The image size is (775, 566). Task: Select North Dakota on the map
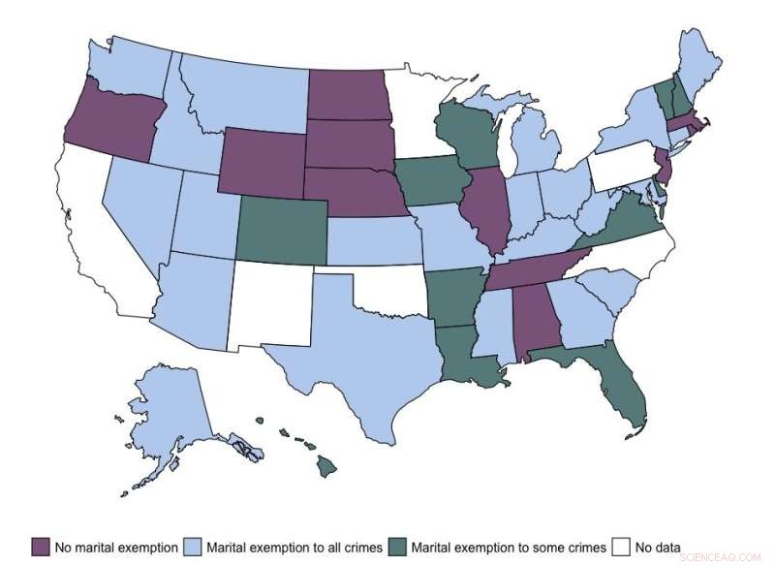pyautogui.click(x=349, y=96)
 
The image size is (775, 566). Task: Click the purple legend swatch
pyautogui.click(x=40, y=547)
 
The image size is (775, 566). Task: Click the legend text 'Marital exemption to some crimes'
pyautogui.click(x=508, y=548)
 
